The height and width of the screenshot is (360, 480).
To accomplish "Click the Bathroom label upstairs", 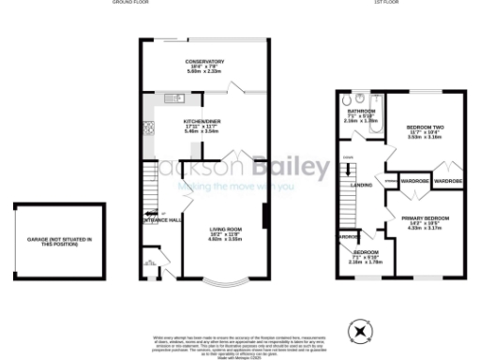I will click(x=361, y=115).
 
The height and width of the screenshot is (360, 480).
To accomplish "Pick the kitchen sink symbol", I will click(x=173, y=97).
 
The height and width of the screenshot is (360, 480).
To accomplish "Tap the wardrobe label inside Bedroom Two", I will click(x=449, y=180).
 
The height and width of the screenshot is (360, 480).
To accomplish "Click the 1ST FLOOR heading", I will click(x=388, y=3).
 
